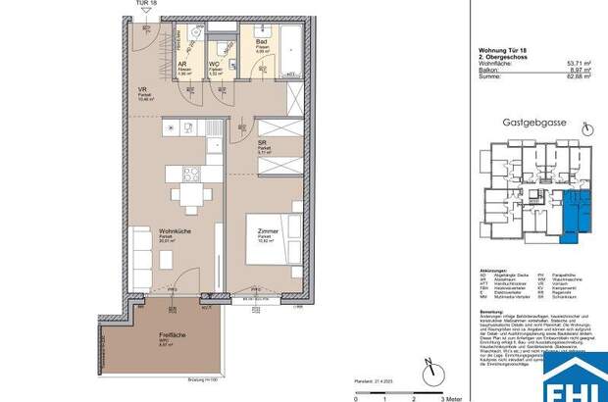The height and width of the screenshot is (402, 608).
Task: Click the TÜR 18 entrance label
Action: coord(145,6)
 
